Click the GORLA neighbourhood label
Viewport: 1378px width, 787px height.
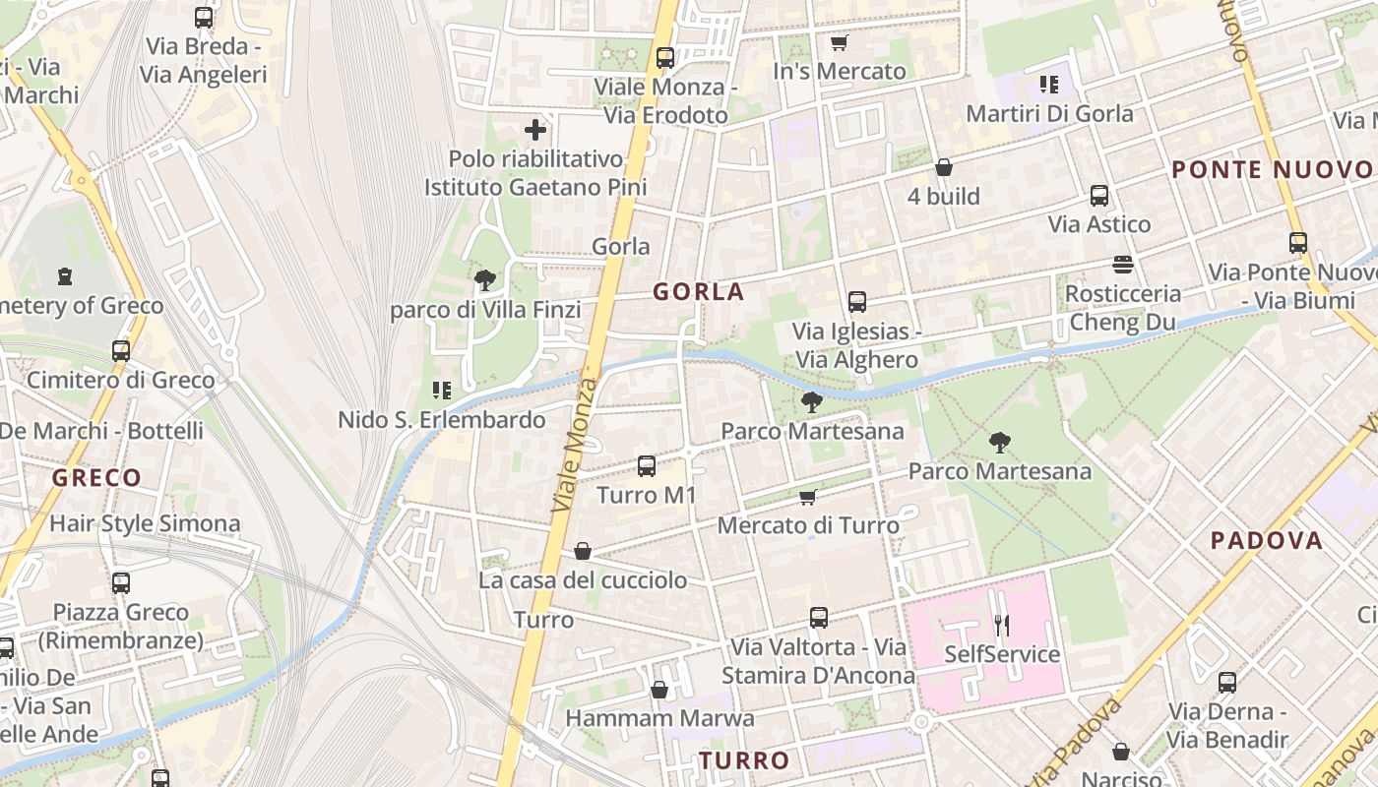pos(699,292)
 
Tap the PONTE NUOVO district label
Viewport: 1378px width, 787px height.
pos(1274,169)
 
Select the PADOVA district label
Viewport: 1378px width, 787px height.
pos(1266,540)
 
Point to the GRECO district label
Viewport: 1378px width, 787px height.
pos(96,478)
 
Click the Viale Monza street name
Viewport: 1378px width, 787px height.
pos(576,443)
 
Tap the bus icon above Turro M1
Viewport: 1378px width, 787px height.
pos(647,465)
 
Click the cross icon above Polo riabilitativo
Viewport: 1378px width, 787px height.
pos(535,129)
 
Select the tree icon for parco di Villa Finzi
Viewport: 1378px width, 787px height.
pos(484,280)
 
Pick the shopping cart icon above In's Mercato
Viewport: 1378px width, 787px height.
pos(839,42)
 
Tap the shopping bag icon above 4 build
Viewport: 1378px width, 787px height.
pos(943,167)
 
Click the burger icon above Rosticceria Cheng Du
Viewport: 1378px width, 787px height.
pos(1123,264)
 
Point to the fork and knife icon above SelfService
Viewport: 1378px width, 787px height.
pos(1002,624)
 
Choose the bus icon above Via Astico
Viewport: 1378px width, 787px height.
pos(1099,195)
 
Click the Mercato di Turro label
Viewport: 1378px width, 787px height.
pos(808,525)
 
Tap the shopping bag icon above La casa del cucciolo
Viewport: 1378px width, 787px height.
pos(583,551)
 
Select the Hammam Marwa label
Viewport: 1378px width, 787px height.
pos(659,718)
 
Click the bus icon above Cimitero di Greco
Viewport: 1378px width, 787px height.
pos(121,350)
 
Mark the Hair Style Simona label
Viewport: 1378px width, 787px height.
pos(145,523)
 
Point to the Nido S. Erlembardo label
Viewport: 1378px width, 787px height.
pos(441,420)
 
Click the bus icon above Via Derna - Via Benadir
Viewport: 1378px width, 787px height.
pos(1227,682)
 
